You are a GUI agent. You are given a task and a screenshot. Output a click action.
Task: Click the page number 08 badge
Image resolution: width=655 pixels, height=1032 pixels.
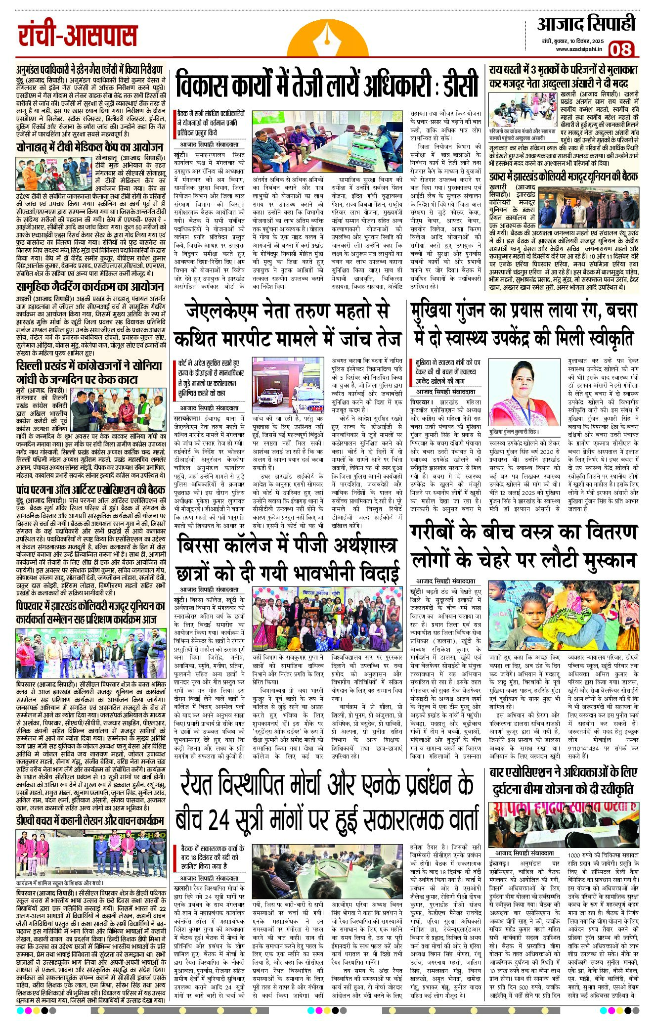click(x=621, y=49)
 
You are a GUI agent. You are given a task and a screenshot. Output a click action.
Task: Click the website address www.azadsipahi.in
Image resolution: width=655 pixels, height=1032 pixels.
click(x=578, y=49)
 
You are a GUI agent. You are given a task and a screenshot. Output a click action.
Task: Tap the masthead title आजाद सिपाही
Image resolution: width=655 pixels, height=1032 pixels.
click(x=586, y=24)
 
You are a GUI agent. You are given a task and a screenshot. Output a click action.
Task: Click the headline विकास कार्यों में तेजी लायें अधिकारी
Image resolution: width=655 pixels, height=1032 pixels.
click(x=327, y=84)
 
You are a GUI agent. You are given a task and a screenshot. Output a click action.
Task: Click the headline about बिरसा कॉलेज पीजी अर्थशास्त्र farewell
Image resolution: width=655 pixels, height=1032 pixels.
click(x=289, y=559)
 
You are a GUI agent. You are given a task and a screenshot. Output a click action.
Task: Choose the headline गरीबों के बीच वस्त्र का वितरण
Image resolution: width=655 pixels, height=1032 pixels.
click(x=523, y=546)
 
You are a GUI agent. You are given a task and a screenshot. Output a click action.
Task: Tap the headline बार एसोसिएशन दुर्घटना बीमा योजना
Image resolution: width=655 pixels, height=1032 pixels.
click(x=564, y=780)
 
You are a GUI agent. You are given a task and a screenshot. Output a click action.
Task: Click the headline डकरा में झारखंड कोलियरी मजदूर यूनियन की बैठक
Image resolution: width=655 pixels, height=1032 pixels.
click(x=564, y=177)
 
